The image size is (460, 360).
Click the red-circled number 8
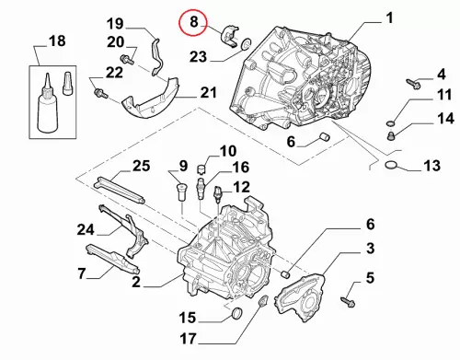pyautogui.click(x=194, y=22)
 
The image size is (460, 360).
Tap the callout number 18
pyautogui.click(x=57, y=41)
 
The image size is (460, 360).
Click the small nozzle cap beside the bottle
pyautogui.click(x=67, y=84)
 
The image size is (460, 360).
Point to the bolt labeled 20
pyautogui.click(x=127, y=59)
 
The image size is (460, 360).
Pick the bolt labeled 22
pyautogui.click(x=101, y=93)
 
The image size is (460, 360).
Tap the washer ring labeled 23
pyautogui.click(x=246, y=44)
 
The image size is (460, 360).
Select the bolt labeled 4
pyautogui.click(x=413, y=84)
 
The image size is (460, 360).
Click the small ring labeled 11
pyautogui.click(x=390, y=123)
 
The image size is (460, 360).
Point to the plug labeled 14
pyautogui.click(x=391, y=136)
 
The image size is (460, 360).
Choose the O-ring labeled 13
pyautogui.click(x=391, y=165)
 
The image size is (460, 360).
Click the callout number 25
pyautogui.click(x=142, y=166)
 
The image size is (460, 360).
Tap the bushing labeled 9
pyautogui.click(x=181, y=192)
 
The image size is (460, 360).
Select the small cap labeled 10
pyautogui.click(x=201, y=168)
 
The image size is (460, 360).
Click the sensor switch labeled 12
pyautogui.click(x=218, y=194)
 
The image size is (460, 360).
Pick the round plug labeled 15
pyautogui.click(x=236, y=313)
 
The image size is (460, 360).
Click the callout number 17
pyautogui.click(x=188, y=339)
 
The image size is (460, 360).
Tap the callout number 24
pyautogui.click(x=86, y=229)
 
